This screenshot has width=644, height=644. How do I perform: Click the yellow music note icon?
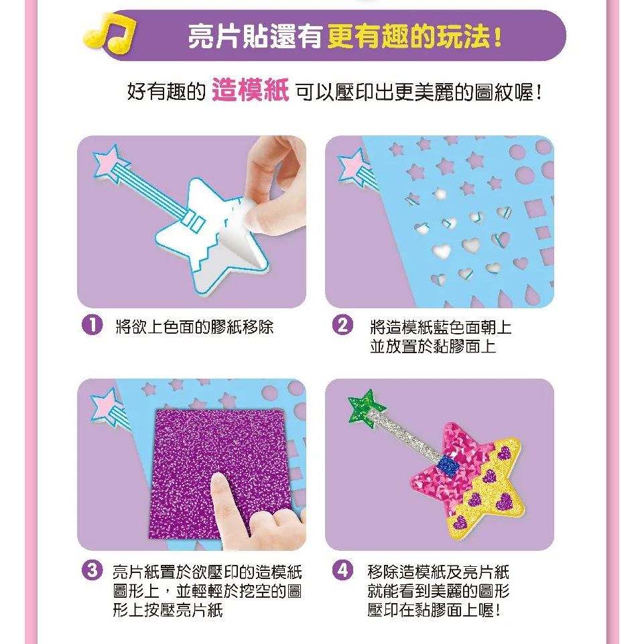[x=109, y=34]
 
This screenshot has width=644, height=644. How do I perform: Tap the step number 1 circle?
[x=92, y=326]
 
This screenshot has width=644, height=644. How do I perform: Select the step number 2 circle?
[x=342, y=326]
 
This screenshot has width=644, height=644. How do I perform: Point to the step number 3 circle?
[x=92, y=570]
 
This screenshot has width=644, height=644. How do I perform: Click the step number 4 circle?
[x=342, y=570]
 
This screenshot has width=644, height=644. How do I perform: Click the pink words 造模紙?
[x=250, y=90]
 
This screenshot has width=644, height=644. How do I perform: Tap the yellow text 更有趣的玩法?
[x=414, y=37]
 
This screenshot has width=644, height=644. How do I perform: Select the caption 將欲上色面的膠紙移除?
[x=195, y=327]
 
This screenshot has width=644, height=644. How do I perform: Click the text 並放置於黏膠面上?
[x=433, y=346]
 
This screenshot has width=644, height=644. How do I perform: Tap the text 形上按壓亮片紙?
[x=168, y=610]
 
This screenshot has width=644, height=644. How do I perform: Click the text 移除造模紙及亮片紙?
[x=438, y=572]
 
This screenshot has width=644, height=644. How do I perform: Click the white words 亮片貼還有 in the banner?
[x=255, y=37]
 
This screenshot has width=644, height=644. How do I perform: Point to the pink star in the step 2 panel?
[x=354, y=166]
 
